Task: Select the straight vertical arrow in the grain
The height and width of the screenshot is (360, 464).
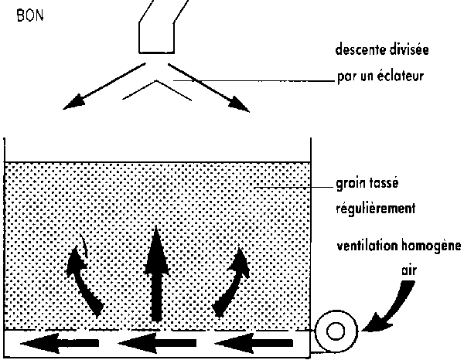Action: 158,274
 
